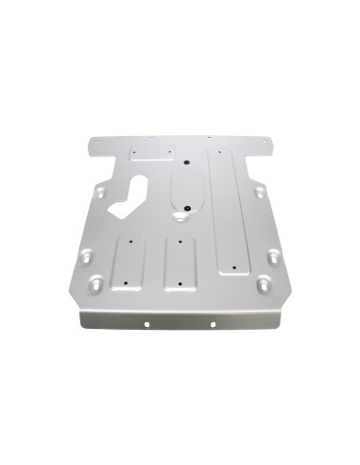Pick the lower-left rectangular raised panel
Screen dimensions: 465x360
pos(128,264)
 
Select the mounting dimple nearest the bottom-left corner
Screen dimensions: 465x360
pos(96,283)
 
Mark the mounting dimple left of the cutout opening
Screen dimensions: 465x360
pos(98,193)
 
